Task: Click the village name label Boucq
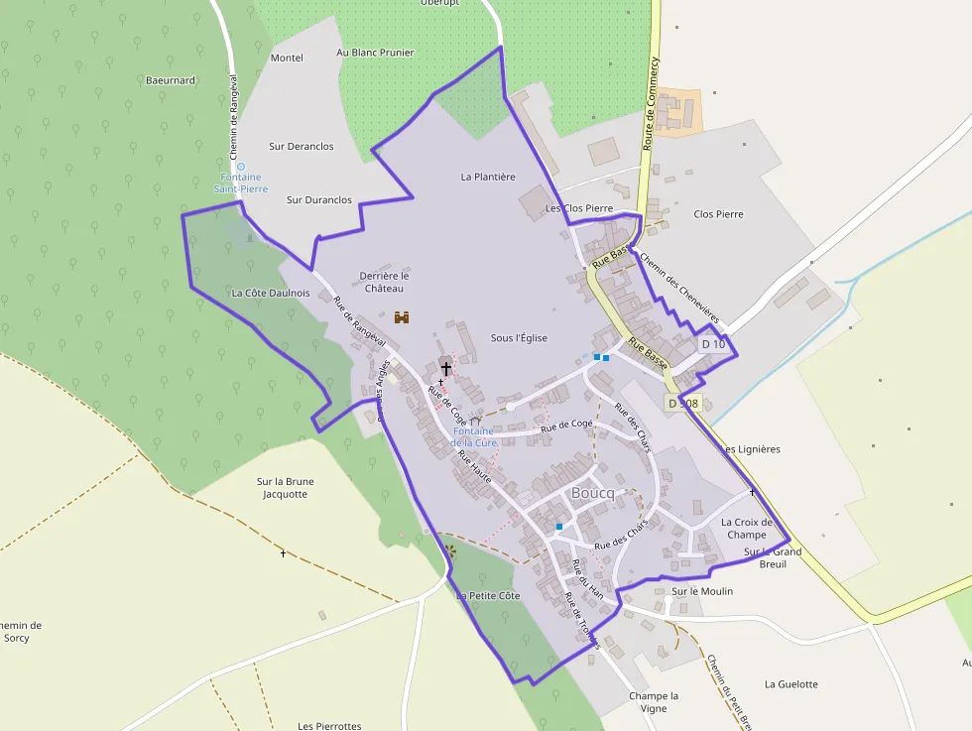click(593, 494)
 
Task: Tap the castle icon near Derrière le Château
click(403, 317)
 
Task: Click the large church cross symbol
click(446, 368)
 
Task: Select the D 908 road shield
click(683, 404)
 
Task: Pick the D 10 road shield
click(713, 344)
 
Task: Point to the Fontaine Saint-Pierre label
click(240, 183)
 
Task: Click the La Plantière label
click(488, 177)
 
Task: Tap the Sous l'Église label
click(519, 338)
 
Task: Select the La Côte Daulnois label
click(271, 294)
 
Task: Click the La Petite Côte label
click(488, 596)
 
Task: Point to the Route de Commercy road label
click(651, 103)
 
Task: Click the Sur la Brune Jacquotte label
click(286, 488)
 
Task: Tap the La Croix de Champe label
click(746, 529)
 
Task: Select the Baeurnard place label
click(171, 80)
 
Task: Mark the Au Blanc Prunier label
click(375, 53)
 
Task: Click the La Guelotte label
click(791, 684)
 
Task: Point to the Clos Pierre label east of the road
click(718, 214)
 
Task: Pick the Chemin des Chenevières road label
click(681, 292)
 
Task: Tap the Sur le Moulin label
click(702, 591)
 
